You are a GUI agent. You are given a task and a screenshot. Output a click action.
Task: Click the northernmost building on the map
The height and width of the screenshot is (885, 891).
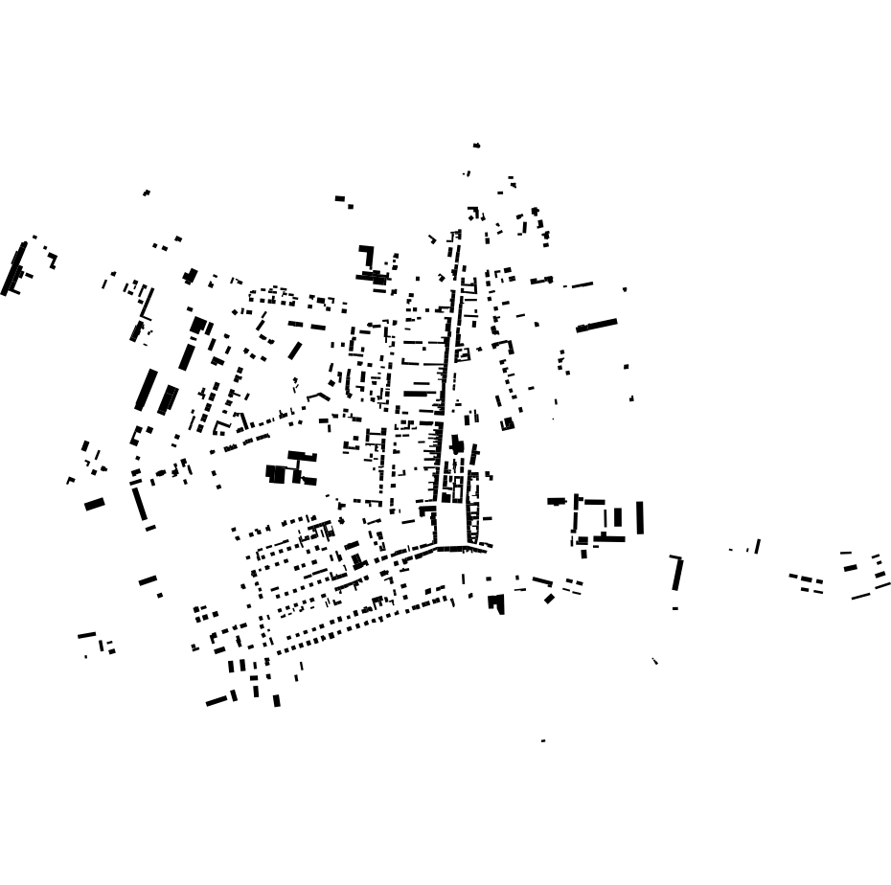tap(476, 146)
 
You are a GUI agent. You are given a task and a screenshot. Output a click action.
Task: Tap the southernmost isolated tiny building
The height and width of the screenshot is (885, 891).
tap(543, 740)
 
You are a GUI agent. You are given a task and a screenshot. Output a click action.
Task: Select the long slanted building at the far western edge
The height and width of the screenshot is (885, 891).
tap(13, 268)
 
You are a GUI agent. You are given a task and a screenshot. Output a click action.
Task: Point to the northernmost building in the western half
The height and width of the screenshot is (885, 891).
tap(147, 193)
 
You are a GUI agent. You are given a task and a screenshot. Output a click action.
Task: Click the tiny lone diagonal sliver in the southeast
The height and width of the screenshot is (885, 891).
tap(655, 661)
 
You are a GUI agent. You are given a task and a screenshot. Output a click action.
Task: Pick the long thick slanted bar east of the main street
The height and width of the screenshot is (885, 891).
tap(597, 326)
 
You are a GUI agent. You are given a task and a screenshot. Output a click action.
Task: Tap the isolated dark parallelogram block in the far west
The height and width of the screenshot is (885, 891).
tap(94, 504)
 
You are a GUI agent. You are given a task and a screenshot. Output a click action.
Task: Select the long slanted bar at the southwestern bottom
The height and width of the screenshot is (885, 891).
tap(217, 701)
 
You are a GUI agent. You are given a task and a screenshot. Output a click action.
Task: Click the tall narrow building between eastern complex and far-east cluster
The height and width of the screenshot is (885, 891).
tap(677, 574)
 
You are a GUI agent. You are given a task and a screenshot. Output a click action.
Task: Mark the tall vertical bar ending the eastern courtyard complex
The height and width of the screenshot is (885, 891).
tap(640, 517)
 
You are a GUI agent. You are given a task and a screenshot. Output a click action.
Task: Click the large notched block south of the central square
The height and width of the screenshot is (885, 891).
tap(496, 602)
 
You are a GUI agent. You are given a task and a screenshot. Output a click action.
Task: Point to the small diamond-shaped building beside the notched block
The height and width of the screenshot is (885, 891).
tap(549, 599)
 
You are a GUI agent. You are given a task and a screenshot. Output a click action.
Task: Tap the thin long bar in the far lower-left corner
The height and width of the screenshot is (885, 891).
tap(87, 634)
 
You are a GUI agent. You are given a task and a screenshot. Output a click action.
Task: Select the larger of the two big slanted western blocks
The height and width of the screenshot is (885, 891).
tap(146, 389)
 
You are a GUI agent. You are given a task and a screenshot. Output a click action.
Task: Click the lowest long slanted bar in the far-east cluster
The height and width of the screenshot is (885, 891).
tap(860, 597)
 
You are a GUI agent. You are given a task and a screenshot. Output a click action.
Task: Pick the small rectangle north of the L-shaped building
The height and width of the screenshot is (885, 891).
tap(339, 198)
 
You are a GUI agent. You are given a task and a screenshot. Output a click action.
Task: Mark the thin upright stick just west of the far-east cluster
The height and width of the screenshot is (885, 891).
tap(758, 546)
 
